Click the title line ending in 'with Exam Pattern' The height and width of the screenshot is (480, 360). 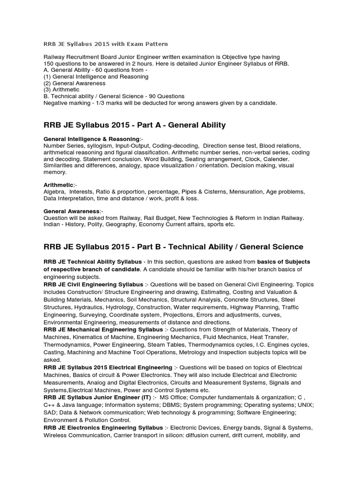tap(105, 44)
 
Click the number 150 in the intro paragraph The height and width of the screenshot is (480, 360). tap(49, 63)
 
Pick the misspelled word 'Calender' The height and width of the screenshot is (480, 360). tap(266, 159)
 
